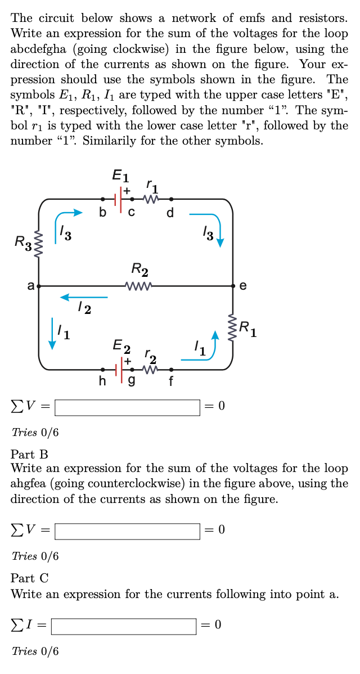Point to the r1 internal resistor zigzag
pos(150,199)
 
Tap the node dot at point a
pos(38,286)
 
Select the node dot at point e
pos(233,286)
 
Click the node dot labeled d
pos(171,199)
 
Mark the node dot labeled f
pos(171,370)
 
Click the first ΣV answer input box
pos(127,407)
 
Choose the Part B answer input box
pos(127,531)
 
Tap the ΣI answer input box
pos(123,626)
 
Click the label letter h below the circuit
pos(102,381)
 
